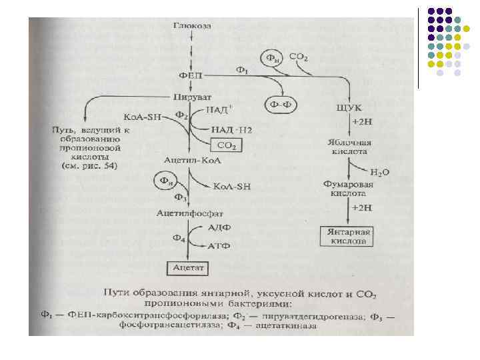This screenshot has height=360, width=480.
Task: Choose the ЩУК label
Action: [350, 107]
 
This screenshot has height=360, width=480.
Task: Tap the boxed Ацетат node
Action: [188, 268]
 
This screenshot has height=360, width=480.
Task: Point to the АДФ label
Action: [220, 227]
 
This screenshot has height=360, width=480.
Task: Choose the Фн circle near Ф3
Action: [163, 180]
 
